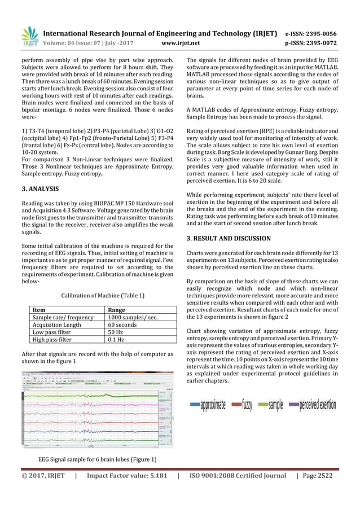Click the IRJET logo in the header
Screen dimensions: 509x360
point(29,36)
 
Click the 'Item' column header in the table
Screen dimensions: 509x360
point(39,310)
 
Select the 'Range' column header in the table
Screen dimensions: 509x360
point(117,310)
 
